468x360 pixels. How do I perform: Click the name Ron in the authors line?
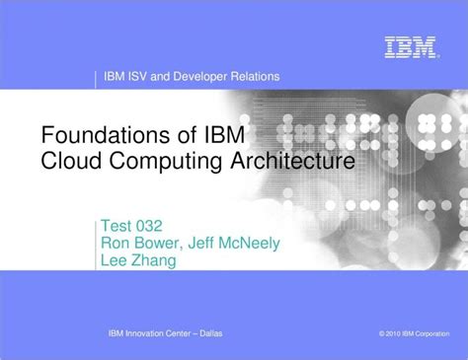[117, 242]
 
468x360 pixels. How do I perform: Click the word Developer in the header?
[204, 77]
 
